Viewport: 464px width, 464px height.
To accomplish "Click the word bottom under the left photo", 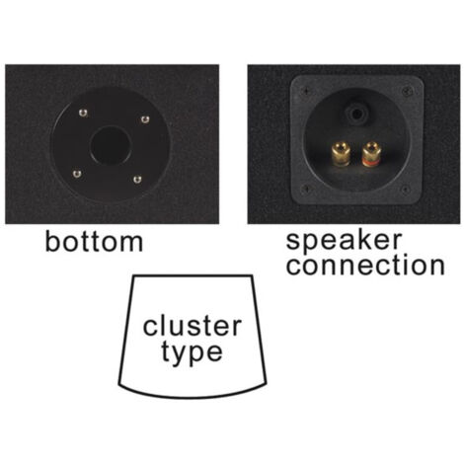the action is (x=94, y=242).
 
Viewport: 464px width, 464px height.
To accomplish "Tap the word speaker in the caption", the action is (x=344, y=241).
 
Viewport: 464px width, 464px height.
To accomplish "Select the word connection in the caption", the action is (x=365, y=266).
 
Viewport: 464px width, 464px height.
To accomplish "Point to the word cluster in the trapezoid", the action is (x=193, y=326).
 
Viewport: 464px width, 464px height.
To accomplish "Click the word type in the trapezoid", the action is (x=192, y=353).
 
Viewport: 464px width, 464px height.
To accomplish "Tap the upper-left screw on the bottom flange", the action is (x=83, y=113).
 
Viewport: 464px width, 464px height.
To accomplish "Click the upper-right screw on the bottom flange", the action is (x=145, y=119).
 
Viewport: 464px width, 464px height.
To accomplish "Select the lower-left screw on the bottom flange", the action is (x=77, y=174).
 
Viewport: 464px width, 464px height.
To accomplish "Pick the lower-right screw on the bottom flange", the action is (x=137, y=180).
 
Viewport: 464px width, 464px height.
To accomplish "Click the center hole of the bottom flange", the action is (x=111, y=145).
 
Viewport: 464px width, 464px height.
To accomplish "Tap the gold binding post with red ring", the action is (x=370, y=154).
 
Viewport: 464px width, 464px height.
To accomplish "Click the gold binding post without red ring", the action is (x=340, y=154).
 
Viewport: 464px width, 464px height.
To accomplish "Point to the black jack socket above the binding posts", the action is (x=355, y=114).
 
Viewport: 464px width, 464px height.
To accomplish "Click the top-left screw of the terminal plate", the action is (x=306, y=92).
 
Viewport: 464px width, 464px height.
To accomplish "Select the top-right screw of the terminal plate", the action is (x=407, y=90).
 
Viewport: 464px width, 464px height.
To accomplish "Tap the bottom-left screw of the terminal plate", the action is (x=306, y=189).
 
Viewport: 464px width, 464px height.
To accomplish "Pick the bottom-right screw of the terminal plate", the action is (x=406, y=190).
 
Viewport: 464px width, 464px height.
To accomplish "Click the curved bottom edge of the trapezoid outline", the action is (x=193, y=397).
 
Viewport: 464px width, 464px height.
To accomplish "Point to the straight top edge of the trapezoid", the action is (x=193, y=275).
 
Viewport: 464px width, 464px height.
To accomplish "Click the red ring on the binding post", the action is (x=370, y=161).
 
